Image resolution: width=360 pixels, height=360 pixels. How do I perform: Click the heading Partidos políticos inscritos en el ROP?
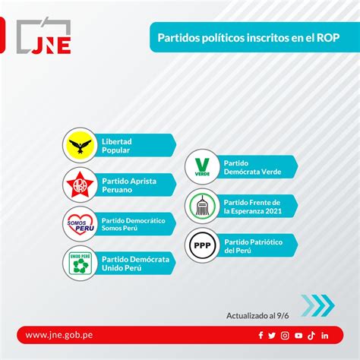point(248,38)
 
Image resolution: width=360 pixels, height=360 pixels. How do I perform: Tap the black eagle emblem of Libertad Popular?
point(80,145)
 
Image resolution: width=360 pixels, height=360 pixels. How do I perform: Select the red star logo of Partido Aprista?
point(80,185)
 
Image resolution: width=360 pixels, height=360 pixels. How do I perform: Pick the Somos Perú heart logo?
point(81,224)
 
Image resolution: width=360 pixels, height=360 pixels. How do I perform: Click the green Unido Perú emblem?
point(81,264)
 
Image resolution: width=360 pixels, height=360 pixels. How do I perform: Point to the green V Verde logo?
point(202,167)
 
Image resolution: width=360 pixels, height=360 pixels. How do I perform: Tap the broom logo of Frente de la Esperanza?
point(202,206)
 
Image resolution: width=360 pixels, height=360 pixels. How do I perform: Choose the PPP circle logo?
point(202,245)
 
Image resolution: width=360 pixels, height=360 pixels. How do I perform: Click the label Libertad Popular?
point(117,146)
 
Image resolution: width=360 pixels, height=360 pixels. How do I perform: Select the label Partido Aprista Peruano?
point(129,185)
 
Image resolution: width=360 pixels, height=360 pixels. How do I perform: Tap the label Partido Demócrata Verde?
point(252,167)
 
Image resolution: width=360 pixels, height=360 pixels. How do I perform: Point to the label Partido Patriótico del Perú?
point(254,246)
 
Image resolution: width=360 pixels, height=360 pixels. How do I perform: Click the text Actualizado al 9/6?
point(257,316)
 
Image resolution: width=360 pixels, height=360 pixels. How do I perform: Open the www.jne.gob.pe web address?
point(59,335)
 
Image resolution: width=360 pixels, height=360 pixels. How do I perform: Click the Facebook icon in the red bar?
point(261,335)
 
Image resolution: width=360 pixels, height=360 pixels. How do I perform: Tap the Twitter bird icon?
point(272,336)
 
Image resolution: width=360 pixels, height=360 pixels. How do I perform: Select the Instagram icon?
point(285,336)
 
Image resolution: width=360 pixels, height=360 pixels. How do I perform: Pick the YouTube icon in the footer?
point(298,336)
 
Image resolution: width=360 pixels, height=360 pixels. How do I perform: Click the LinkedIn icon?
point(325,336)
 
